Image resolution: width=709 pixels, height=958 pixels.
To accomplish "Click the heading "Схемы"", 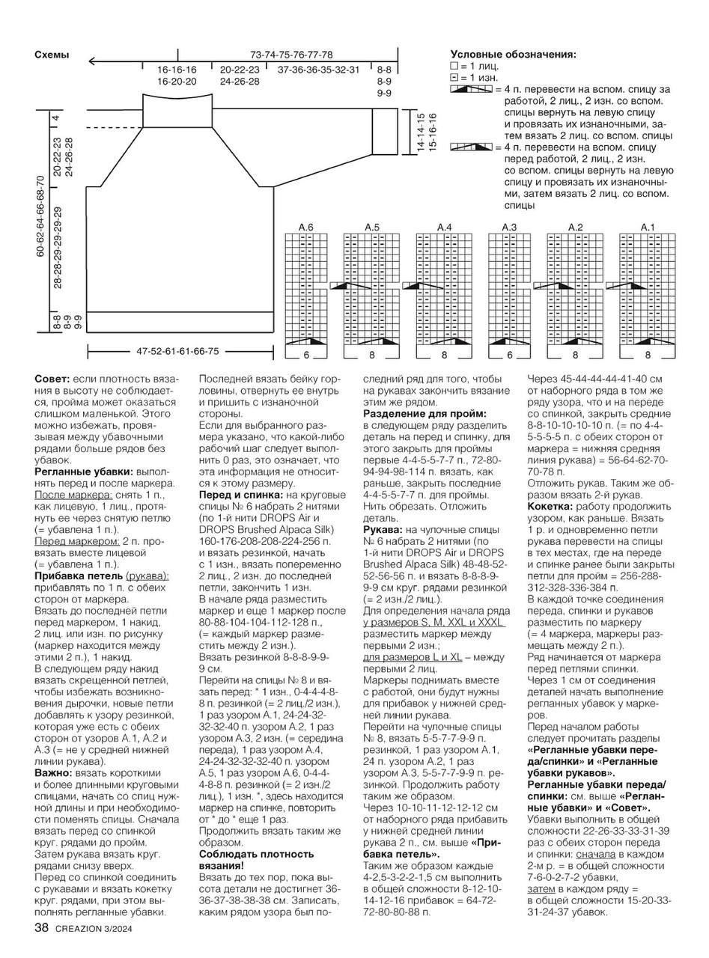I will click(x=52, y=55).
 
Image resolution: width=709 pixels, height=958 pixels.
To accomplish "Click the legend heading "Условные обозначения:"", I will click(x=513, y=55).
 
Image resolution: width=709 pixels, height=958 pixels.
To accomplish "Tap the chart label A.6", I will click(x=305, y=227).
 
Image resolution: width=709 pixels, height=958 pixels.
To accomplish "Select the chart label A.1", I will click(x=648, y=227).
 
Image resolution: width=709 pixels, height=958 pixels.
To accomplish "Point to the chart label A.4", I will click(x=444, y=227).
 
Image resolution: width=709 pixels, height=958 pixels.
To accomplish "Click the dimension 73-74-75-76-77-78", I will click(x=291, y=55).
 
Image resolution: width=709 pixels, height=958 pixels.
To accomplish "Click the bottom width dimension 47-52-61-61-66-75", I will click(x=177, y=351).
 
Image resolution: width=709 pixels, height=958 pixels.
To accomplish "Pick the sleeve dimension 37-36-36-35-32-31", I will click(x=318, y=70).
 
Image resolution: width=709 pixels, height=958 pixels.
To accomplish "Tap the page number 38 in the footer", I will click(x=41, y=929).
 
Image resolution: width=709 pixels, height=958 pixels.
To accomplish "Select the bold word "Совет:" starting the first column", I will click(x=52, y=379).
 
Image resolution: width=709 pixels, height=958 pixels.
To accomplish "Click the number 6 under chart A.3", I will click(x=510, y=354).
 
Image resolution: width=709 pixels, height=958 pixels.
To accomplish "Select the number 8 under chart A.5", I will click(x=372, y=354).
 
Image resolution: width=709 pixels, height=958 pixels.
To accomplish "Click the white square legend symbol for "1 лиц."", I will click(x=454, y=66).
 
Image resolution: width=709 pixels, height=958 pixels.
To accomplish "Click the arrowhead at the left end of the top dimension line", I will click(x=91, y=61).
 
